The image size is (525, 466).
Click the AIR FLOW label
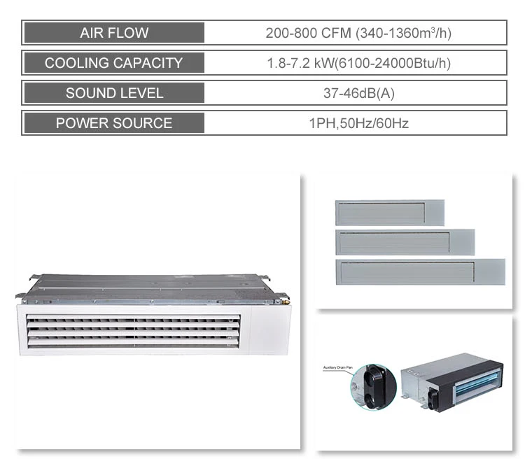[x=114, y=33]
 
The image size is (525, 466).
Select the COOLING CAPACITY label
[x=113, y=63]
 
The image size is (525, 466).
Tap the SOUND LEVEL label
[x=114, y=93]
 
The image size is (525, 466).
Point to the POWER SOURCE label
[x=114, y=123]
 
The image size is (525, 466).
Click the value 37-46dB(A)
[x=358, y=93]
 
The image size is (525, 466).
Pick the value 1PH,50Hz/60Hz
[x=358, y=123]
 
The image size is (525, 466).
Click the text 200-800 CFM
[x=309, y=33]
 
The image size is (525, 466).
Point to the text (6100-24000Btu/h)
[x=392, y=63]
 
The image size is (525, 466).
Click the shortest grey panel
[x=389, y=213]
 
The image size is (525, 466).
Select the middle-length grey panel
[x=405, y=242]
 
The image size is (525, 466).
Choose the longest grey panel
[x=420, y=271]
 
